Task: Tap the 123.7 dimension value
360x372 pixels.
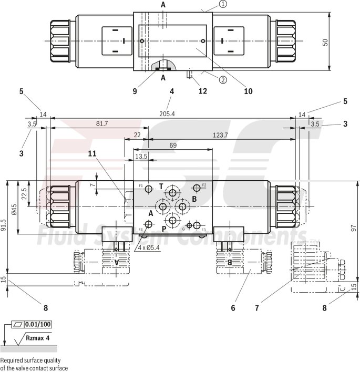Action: point(220,135)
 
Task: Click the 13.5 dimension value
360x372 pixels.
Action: point(141,157)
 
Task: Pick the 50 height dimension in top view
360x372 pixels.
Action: point(325,42)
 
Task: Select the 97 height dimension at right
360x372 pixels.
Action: point(354,228)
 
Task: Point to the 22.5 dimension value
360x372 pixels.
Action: point(23,193)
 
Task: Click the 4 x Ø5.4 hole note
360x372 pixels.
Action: point(150,247)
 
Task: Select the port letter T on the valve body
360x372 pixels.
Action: point(161,186)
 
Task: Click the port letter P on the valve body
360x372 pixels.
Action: point(163,229)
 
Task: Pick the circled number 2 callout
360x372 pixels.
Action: point(223,80)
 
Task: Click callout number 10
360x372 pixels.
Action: point(248,91)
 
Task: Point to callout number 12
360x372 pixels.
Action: point(202,91)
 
